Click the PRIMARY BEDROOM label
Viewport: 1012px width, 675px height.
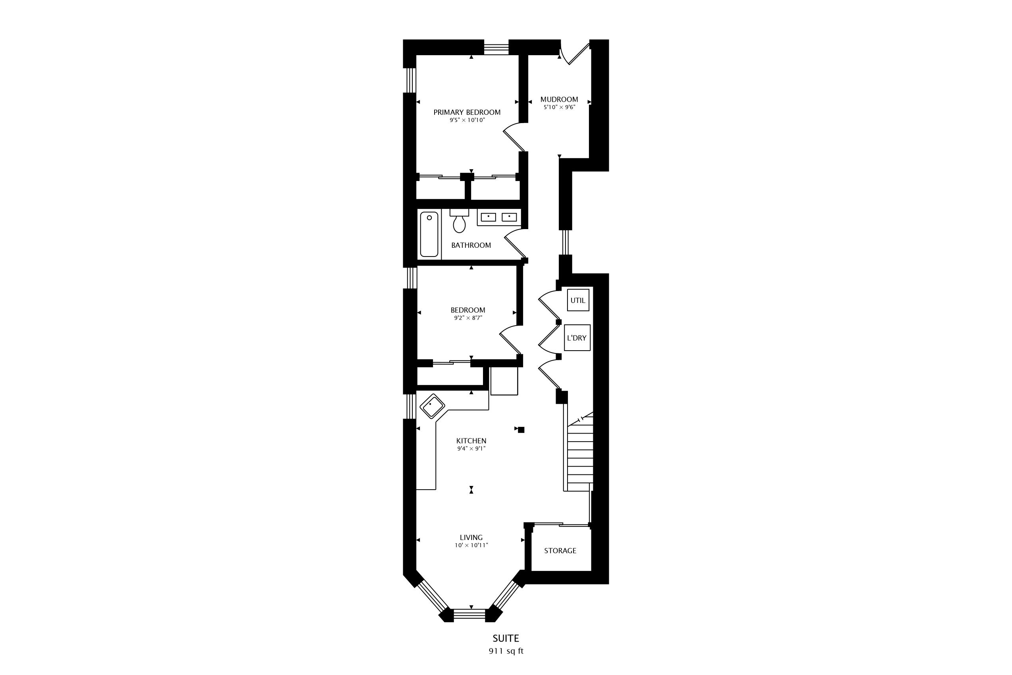(x=467, y=112)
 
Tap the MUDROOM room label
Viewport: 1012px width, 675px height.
(x=559, y=99)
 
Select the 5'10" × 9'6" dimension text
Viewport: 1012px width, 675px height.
(x=559, y=107)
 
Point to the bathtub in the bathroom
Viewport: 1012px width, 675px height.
(x=429, y=234)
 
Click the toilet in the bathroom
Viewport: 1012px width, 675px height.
(x=459, y=221)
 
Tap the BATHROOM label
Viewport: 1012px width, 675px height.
(x=471, y=245)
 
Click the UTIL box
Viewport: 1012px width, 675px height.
(x=578, y=300)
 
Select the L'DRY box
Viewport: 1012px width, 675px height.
(x=577, y=337)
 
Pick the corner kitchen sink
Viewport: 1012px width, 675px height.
(x=432, y=406)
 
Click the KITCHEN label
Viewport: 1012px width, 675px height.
(x=471, y=441)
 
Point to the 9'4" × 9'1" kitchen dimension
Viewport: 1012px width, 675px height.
(x=471, y=449)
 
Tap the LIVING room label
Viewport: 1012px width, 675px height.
(x=471, y=537)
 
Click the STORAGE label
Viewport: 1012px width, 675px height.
(x=560, y=551)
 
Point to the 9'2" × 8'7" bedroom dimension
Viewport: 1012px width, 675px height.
(x=468, y=318)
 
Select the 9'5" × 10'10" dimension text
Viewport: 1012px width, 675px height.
(x=467, y=120)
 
